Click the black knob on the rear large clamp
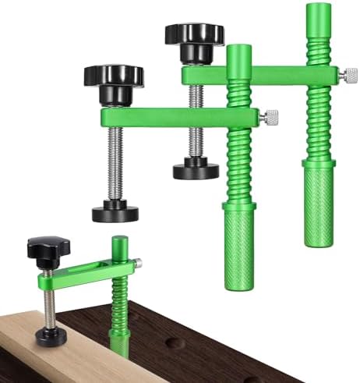(194, 34)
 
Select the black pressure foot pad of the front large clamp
(115, 211)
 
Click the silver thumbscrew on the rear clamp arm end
(348, 75)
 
